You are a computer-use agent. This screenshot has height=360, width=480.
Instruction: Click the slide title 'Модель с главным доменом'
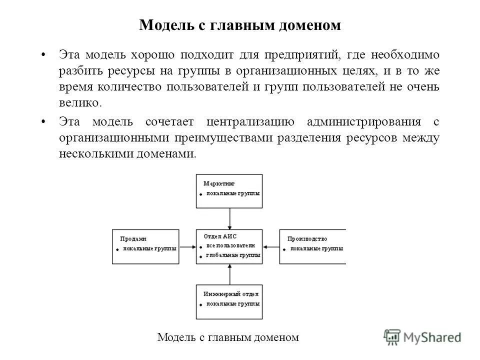pos(240,25)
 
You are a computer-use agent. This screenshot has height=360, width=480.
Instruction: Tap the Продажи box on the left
pos(145,246)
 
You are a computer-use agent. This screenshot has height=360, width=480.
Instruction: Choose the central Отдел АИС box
pos(229,246)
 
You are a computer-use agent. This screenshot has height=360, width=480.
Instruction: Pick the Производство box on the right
pos(312,246)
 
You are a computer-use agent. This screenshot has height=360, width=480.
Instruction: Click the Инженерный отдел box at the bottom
pos(229,302)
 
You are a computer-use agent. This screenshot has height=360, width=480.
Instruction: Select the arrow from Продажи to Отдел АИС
pos(187,246)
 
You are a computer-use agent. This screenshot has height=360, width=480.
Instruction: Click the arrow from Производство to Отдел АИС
pos(270,246)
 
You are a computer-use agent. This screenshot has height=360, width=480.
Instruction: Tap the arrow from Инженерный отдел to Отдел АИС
pos(229,274)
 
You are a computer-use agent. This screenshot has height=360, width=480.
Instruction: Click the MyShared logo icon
pos(392,336)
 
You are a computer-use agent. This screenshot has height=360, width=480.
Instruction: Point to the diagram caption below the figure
pos(228,337)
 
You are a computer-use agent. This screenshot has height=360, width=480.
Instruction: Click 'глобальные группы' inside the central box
pos(233,255)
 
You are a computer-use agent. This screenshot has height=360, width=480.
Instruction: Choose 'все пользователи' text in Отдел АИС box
pos(230,245)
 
